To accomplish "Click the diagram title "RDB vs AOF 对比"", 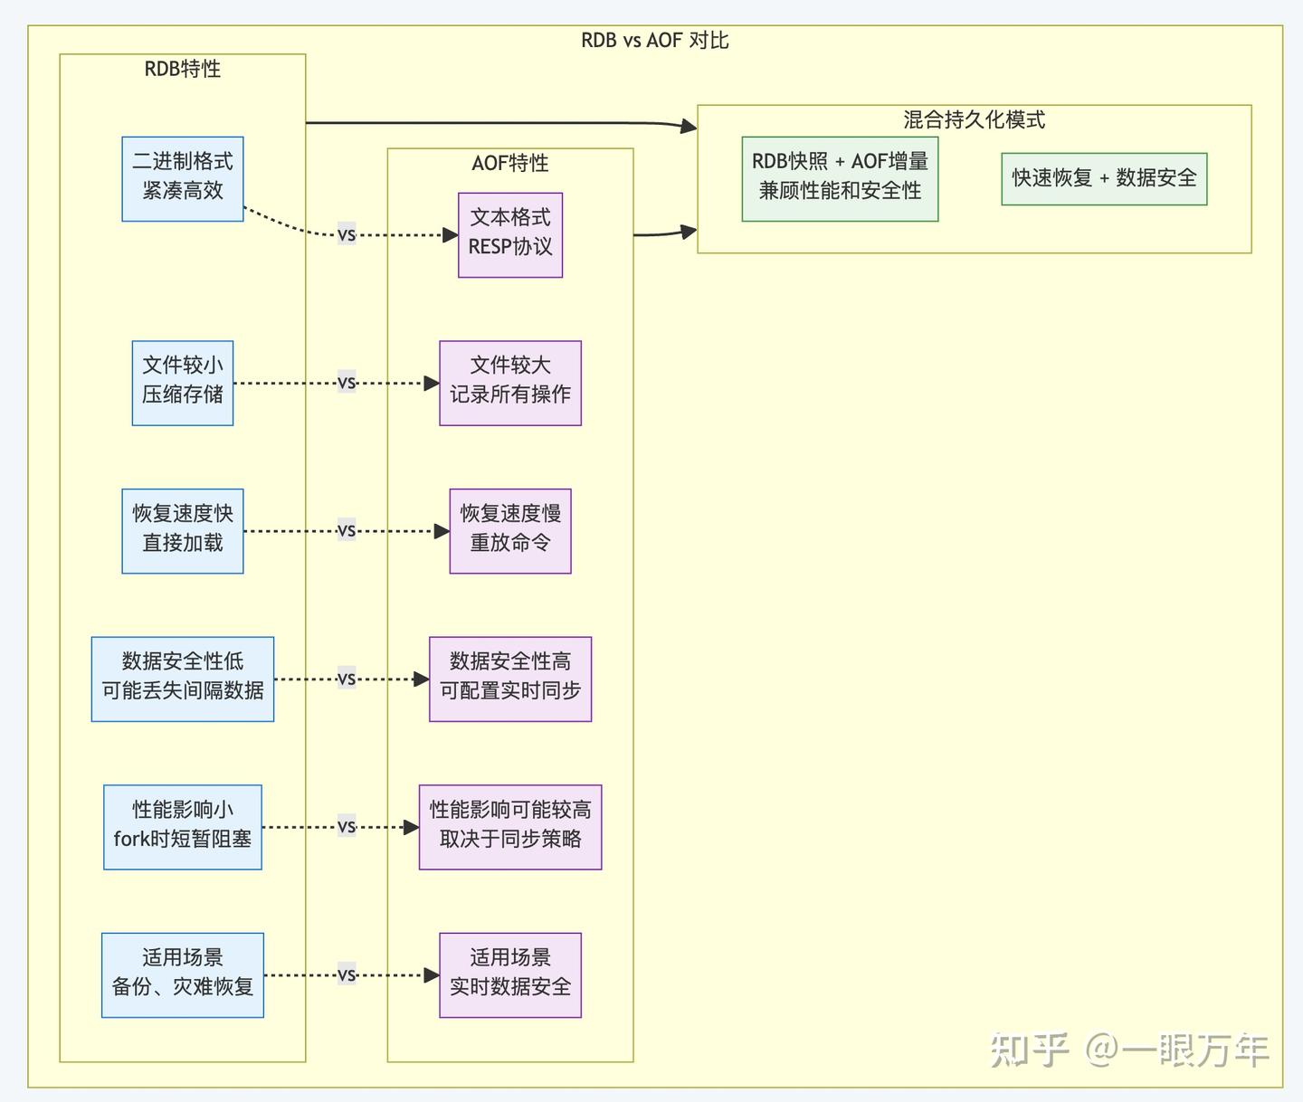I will [654, 41].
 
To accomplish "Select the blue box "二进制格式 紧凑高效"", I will [183, 178].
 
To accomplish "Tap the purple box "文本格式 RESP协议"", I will [510, 234].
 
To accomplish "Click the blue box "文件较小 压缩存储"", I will [183, 383].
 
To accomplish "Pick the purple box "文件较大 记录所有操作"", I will [510, 383].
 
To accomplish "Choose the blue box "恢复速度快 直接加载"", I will [183, 530].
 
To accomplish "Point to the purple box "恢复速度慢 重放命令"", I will [510, 530].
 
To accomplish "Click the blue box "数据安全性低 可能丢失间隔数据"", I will [183, 679].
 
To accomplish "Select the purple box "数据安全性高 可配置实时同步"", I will [510, 679].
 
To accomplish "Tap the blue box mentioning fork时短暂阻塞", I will [183, 827].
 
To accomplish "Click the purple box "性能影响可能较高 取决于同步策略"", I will [510, 827].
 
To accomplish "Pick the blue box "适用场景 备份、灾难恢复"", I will [183, 974].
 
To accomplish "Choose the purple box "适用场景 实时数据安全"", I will [510, 974].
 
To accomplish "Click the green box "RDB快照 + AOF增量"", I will [840, 178].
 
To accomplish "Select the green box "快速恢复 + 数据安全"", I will [1104, 178].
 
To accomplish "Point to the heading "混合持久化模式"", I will [974, 119].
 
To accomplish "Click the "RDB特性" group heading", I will [183, 69].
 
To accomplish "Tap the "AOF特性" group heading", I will [510, 163].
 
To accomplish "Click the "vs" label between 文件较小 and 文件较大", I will [347, 383].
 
